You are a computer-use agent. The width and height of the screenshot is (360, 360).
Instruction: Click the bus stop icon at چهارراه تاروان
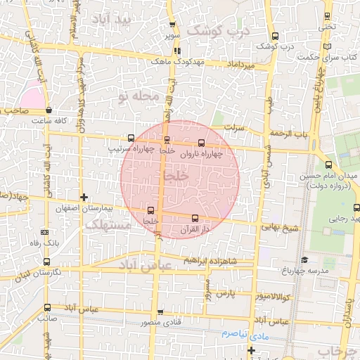tap(202, 143)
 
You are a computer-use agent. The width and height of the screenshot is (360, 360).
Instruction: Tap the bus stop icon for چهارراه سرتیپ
tap(131, 139)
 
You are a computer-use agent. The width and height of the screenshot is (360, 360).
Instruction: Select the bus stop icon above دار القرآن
tap(195, 218)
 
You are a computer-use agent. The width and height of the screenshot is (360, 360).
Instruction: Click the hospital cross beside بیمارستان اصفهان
tap(84, 198)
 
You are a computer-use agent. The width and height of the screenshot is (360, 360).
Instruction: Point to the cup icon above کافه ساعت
tap(49, 110)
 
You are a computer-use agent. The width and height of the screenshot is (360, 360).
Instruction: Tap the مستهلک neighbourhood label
tap(107, 225)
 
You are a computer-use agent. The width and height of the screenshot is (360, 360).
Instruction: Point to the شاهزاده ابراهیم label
tap(207, 260)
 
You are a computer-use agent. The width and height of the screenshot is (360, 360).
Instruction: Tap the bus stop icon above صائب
tap(47, 307)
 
